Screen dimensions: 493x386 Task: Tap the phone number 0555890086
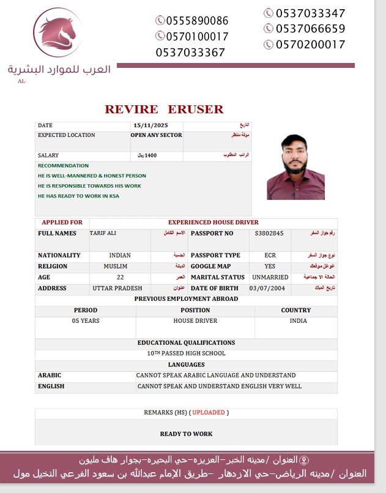tap(191, 21)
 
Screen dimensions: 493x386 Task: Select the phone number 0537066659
tap(311, 29)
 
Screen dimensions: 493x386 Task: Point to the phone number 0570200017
tap(311, 45)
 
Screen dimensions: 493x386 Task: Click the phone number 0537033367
tap(190, 53)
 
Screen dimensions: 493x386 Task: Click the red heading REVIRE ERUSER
tap(164, 109)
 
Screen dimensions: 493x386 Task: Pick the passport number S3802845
tap(269, 234)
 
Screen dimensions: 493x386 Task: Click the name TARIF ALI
tap(103, 234)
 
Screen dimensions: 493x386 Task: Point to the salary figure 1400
tap(150, 155)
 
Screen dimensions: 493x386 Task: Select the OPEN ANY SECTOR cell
tap(157, 135)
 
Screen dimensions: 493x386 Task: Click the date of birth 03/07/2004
tap(267, 288)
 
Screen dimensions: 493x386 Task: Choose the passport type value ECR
tap(270, 255)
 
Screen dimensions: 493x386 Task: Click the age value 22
tap(120, 277)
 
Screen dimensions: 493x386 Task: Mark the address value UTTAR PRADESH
tap(117, 288)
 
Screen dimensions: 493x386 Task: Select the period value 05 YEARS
tap(86, 321)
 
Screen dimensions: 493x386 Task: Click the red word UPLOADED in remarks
tap(209, 413)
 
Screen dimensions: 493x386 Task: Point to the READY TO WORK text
tap(186, 434)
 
